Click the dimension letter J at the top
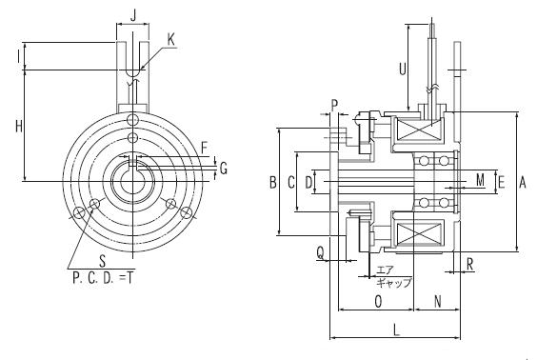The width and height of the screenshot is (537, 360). pos(133,15)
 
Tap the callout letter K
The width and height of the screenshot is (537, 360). pos(170,40)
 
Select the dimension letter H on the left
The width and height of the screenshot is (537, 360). pos(19,127)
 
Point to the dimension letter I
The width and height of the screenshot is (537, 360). pos(18,57)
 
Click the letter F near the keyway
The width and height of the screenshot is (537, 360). pos(204,149)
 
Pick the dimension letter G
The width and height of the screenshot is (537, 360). pos(224,169)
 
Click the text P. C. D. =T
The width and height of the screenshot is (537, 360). pos(103,277)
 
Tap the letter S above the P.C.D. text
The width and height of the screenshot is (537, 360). pos(103,261)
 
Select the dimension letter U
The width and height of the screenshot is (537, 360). pos(403,70)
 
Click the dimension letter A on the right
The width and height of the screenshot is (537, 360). pos(523,182)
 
